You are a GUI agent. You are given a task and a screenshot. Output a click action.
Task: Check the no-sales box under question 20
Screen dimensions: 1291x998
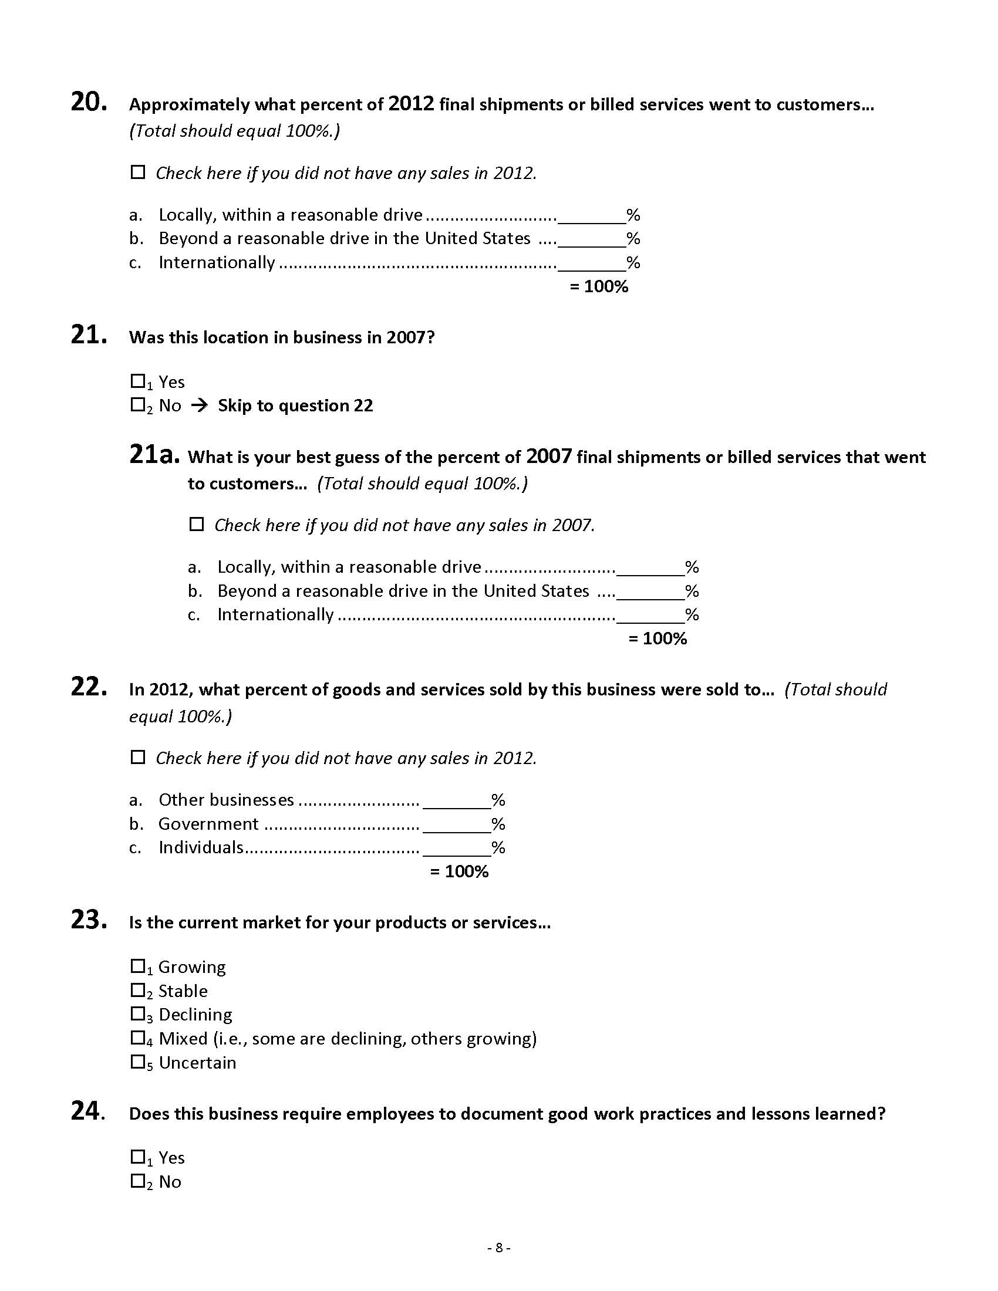[x=138, y=173]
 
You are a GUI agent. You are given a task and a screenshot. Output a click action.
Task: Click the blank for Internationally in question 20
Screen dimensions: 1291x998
[x=591, y=262]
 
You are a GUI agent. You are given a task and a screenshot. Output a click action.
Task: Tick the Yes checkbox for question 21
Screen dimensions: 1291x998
[x=138, y=381]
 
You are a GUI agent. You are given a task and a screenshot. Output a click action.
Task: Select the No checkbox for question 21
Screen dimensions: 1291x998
[x=138, y=405]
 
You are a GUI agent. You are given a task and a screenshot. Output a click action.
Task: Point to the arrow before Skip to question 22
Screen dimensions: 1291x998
[x=200, y=405]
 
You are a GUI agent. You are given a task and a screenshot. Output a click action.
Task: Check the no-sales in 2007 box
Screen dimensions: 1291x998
[x=196, y=524]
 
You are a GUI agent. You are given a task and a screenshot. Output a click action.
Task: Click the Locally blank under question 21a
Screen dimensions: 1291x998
[x=650, y=567]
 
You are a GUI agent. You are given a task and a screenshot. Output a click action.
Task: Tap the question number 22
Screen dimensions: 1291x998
[x=88, y=687]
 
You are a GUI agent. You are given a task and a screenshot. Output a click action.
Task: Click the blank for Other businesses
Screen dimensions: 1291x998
[x=456, y=800]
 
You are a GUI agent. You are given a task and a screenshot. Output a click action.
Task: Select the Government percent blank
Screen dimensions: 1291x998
[x=456, y=824]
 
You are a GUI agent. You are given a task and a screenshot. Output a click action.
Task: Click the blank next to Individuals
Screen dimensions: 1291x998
[x=456, y=849]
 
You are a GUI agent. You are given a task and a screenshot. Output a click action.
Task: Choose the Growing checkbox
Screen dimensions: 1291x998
[x=138, y=966]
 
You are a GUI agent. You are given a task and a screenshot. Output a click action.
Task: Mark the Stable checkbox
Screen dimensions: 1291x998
[x=138, y=990]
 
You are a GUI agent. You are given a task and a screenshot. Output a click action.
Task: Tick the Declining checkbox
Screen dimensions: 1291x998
[x=138, y=1015]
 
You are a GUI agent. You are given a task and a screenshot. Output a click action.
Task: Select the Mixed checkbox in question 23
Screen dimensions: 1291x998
[x=138, y=1038]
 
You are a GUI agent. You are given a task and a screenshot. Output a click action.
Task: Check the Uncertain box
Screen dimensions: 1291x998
[x=138, y=1062]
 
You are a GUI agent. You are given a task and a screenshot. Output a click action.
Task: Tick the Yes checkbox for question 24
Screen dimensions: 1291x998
[x=138, y=1157]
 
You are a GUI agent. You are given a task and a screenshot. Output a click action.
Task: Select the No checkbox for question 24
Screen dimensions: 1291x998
[x=138, y=1181]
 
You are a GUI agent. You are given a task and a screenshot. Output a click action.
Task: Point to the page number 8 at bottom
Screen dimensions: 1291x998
[x=499, y=1248]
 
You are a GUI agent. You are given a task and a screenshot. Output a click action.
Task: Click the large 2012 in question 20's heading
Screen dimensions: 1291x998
[x=411, y=104]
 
